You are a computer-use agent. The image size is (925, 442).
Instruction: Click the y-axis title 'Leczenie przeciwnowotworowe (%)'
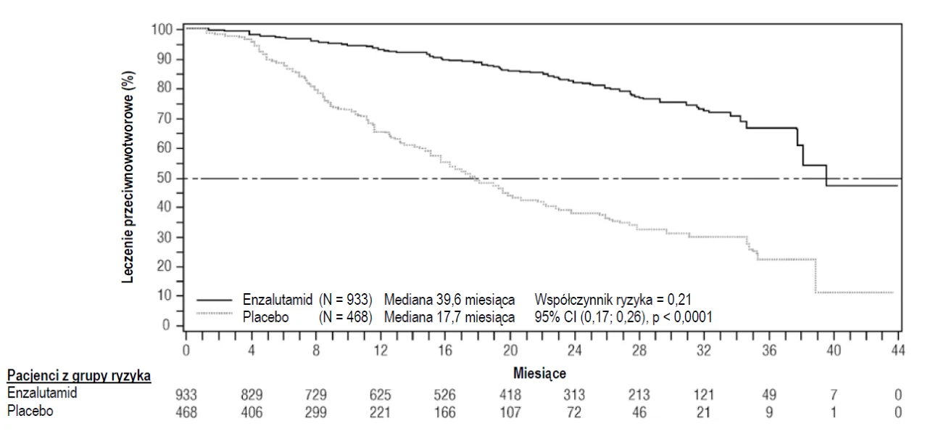[128, 177]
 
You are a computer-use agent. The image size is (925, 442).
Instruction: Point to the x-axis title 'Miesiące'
[539, 373]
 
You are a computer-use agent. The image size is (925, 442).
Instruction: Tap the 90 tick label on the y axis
[164, 59]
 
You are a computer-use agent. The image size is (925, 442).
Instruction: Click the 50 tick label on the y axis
[164, 178]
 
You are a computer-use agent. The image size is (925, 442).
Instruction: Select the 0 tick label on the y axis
[166, 325]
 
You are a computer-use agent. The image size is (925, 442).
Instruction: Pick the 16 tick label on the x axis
[445, 351]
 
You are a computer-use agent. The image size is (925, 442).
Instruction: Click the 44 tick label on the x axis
[897, 351]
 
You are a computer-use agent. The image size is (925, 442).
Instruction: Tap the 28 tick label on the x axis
[639, 351]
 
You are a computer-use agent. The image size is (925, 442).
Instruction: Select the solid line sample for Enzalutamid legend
[215, 300]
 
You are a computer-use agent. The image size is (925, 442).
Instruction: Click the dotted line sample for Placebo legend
[215, 314]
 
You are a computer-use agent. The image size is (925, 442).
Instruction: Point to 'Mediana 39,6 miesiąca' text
[449, 299]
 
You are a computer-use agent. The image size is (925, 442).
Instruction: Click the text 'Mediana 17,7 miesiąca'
[449, 317]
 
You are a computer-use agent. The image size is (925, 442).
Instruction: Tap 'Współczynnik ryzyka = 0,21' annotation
[613, 299]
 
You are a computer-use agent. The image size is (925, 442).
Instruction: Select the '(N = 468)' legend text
[345, 317]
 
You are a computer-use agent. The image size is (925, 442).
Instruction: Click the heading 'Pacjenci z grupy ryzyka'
[79, 375]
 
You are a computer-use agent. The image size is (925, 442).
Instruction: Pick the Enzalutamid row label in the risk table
[42, 393]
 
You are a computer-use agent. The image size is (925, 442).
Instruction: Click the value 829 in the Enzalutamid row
[252, 395]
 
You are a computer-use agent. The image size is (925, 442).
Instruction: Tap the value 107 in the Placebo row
[510, 412]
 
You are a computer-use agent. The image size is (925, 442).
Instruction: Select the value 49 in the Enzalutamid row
[769, 395]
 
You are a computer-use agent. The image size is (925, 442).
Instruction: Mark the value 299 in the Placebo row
[316, 412]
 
